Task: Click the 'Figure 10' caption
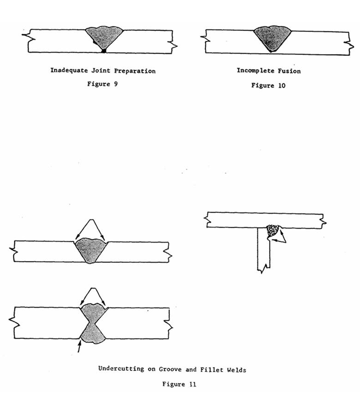point(268,85)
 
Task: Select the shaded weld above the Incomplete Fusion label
point(272,39)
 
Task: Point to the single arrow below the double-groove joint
point(79,348)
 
